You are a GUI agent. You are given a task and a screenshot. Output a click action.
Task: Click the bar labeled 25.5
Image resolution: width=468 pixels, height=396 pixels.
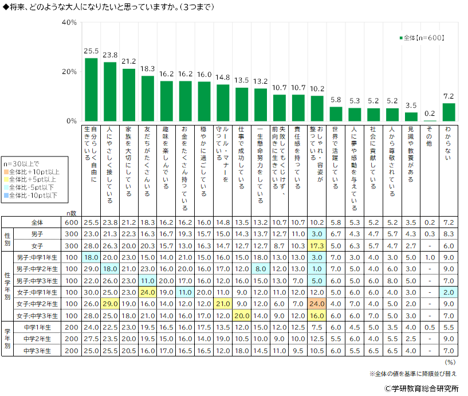91,89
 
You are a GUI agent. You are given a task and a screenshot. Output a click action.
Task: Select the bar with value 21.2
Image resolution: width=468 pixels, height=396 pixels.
129,95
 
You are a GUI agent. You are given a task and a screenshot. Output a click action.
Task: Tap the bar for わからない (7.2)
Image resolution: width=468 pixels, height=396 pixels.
449,112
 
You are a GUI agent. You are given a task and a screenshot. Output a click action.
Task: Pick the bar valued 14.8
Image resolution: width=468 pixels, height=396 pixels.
223,103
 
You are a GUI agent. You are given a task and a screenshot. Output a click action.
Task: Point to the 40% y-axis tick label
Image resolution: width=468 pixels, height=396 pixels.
69,22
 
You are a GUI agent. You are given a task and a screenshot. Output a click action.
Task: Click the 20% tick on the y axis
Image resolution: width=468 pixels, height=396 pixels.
69,72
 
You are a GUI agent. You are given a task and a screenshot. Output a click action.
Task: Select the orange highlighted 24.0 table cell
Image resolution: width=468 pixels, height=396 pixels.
316,304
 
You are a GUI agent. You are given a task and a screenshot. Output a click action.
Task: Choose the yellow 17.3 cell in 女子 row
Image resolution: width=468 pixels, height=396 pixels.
316,245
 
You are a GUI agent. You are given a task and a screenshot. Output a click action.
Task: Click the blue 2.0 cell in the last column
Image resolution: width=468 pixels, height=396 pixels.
449,292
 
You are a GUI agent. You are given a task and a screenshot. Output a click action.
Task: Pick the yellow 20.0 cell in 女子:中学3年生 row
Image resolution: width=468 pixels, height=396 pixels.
242,316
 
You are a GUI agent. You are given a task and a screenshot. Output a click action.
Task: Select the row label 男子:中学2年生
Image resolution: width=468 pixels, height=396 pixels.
38,268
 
